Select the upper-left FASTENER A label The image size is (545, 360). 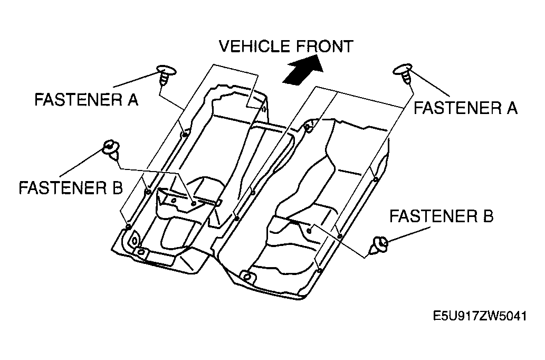pos(86,100)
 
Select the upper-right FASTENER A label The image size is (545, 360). pos(465,108)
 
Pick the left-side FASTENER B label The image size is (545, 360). pos(71,188)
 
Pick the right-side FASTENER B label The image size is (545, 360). pos(441,216)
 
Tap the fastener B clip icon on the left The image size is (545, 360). pos(112,149)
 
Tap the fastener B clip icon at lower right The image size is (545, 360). pos(379,245)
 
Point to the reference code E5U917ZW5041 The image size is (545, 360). pos(480,316)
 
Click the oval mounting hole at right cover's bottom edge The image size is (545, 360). pos(247,277)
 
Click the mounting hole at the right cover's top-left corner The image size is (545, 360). pos(309,127)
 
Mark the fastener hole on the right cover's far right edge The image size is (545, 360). pos(376,179)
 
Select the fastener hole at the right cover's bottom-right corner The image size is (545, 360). pos(320,270)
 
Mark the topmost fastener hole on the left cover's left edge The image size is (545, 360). pos(185,134)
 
